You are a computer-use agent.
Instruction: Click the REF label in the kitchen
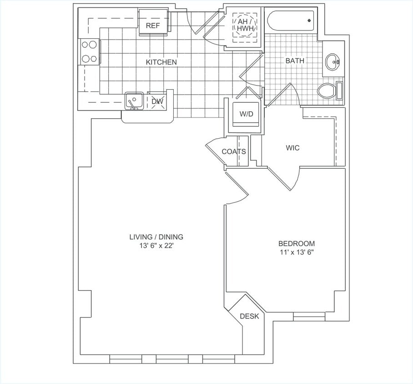point(153,25)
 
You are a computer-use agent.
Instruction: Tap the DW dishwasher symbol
point(157,101)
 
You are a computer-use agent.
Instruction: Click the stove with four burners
point(90,51)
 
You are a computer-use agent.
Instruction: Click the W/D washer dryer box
point(246,114)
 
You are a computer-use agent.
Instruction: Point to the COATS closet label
point(234,152)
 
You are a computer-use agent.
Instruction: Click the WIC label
point(292,148)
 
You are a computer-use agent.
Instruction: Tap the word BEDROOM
point(296,243)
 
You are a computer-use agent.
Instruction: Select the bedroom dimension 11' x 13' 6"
point(296,252)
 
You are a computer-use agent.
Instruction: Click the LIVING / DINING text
point(156,237)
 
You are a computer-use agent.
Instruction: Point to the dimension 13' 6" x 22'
point(156,245)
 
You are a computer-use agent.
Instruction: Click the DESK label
point(249,316)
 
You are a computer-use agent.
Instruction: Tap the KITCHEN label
point(161,62)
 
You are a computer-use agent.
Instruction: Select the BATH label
point(295,61)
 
